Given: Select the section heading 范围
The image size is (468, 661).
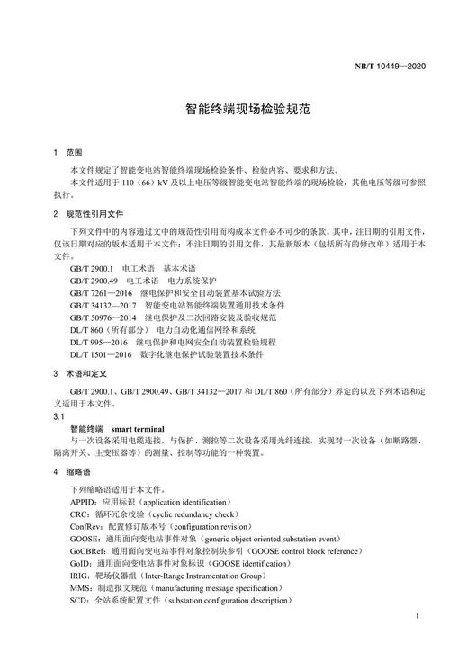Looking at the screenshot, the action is (74, 153).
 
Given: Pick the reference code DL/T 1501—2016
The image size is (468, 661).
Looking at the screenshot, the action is (102, 355).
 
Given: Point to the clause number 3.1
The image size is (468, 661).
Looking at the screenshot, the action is (59, 418).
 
